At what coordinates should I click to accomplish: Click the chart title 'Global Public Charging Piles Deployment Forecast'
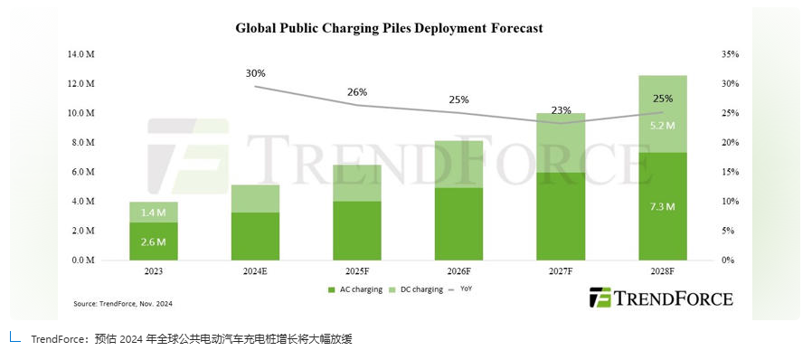pos(389,28)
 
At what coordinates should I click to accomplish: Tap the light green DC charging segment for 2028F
pos(663,114)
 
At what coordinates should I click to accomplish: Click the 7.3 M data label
pos(663,207)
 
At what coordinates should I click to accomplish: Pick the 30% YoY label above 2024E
pos(255,73)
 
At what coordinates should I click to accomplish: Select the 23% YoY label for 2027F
pos(561,110)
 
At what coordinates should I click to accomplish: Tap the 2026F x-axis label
pos(460,270)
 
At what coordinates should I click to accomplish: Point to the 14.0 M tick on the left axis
pos(81,54)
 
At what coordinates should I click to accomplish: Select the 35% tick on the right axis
pos(731,54)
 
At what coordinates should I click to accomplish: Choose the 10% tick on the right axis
pos(731,202)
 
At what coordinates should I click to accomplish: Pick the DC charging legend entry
pos(417,289)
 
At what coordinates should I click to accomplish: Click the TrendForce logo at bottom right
pos(661,298)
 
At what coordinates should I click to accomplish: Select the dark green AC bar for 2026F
pos(460,224)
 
